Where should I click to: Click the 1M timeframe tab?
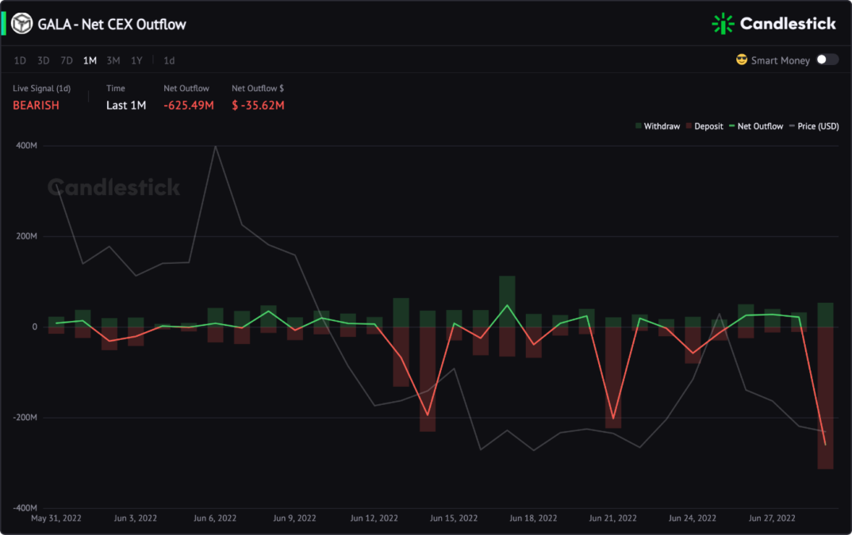pyautogui.click(x=90, y=61)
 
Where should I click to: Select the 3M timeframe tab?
pyautogui.click(x=113, y=61)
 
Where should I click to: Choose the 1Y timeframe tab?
pyautogui.click(x=136, y=61)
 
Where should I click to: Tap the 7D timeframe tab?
pyautogui.click(x=67, y=61)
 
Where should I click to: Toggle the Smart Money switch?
pyautogui.click(x=827, y=59)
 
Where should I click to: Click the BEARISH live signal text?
pyautogui.click(x=36, y=105)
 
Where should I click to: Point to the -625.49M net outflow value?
pyautogui.click(x=189, y=105)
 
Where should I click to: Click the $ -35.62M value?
pyautogui.click(x=258, y=105)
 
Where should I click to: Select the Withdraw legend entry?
pyautogui.click(x=658, y=126)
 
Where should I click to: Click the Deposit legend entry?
pyautogui.click(x=704, y=126)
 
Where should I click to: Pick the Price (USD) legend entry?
pyautogui.click(x=814, y=126)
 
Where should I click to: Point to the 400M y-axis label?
pyautogui.click(x=27, y=146)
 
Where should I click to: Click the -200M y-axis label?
pyautogui.click(x=25, y=418)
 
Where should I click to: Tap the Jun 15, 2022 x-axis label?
pyautogui.click(x=454, y=518)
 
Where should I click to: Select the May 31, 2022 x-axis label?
pyautogui.click(x=56, y=518)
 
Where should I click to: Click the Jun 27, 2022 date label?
pyautogui.click(x=772, y=518)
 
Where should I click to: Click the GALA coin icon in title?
pyautogui.click(x=22, y=24)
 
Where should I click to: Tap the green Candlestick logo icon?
pyautogui.click(x=723, y=23)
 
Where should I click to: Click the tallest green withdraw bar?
pyautogui.click(x=507, y=301)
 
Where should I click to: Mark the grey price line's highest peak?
pyautogui.click(x=216, y=146)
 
